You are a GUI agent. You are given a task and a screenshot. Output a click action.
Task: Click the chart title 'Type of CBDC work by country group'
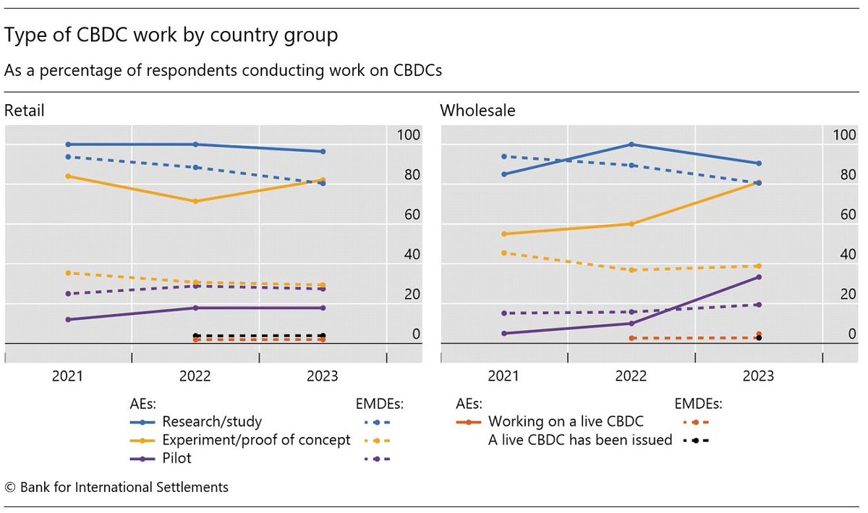point(171,35)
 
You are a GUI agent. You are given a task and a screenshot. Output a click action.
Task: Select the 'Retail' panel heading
point(24,111)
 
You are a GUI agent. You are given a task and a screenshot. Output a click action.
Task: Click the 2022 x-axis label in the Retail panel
point(195,376)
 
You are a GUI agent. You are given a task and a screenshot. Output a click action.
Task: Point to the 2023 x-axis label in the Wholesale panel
point(758,376)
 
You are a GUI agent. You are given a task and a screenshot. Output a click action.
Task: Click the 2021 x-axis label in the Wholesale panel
point(503,376)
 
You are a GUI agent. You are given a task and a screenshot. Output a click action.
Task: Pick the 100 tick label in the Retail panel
point(408,135)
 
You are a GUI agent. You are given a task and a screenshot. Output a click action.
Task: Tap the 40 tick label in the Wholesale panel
point(843,255)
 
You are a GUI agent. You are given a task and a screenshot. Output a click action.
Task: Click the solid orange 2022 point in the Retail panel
point(195,201)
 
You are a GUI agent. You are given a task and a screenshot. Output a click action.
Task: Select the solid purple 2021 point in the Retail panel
point(68,319)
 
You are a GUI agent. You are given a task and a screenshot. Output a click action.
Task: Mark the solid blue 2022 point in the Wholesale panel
point(631,145)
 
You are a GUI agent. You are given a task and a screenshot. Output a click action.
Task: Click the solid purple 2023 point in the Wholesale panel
point(758,277)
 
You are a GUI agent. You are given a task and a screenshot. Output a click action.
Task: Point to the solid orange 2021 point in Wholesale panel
point(503,234)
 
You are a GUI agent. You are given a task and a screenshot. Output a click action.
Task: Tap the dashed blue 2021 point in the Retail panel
point(68,157)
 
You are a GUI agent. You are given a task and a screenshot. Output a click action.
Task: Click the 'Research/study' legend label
point(212,422)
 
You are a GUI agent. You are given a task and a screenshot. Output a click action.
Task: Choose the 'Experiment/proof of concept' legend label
point(256,440)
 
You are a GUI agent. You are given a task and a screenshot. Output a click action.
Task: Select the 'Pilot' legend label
point(177,459)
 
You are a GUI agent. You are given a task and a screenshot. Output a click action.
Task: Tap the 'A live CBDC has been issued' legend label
point(580,440)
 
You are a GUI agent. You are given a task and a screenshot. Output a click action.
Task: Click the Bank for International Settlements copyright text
point(116,487)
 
